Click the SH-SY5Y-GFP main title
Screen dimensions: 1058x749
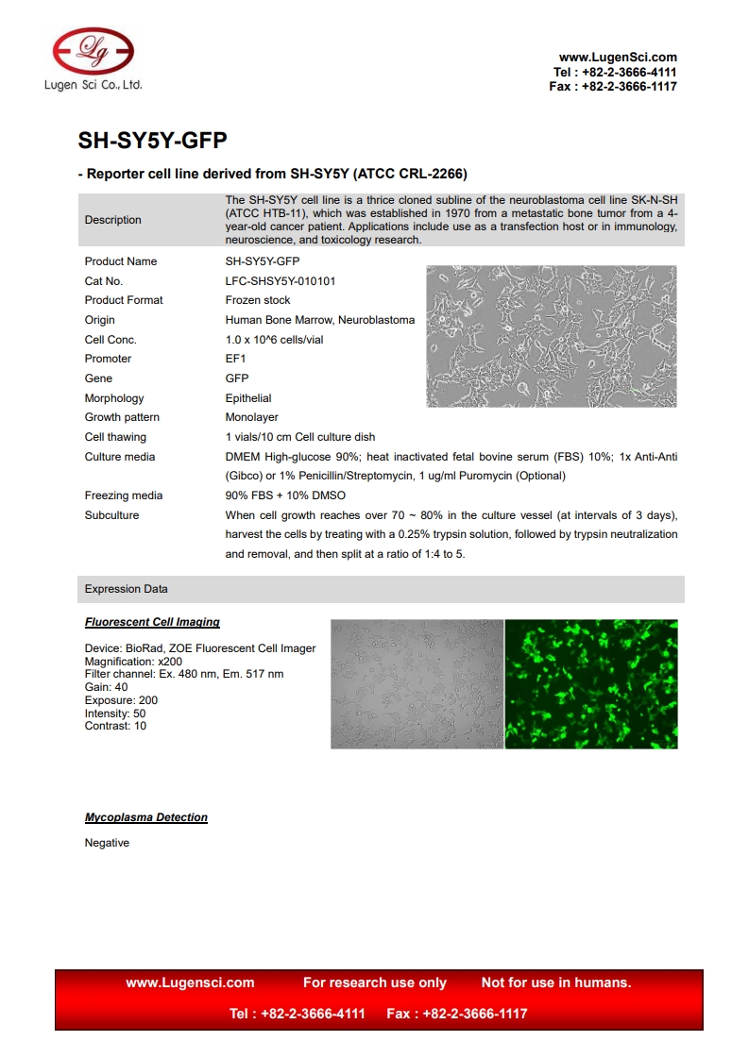(152, 141)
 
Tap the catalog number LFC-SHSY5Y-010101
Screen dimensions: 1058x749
(280, 281)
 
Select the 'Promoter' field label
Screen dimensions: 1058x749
(108, 359)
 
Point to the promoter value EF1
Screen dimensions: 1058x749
(235, 359)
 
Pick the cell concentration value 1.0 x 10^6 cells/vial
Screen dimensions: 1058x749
(274, 340)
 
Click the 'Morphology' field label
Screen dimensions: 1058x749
(114, 398)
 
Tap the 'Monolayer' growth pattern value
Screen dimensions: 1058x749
(251, 417)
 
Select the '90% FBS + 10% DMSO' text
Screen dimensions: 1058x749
(285, 495)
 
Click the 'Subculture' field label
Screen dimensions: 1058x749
(111, 515)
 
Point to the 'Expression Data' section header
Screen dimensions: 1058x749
(126, 589)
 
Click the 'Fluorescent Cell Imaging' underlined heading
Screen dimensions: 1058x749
(152, 622)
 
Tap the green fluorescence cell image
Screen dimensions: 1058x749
(591, 683)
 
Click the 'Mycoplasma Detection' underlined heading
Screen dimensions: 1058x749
(146, 817)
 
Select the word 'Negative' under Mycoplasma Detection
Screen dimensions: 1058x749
(107, 843)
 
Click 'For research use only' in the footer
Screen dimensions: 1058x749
(374, 982)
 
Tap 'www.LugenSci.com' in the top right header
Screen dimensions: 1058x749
(618, 58)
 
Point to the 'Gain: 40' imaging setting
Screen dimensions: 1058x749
(106, 687)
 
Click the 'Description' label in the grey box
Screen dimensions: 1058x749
(112, 220)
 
